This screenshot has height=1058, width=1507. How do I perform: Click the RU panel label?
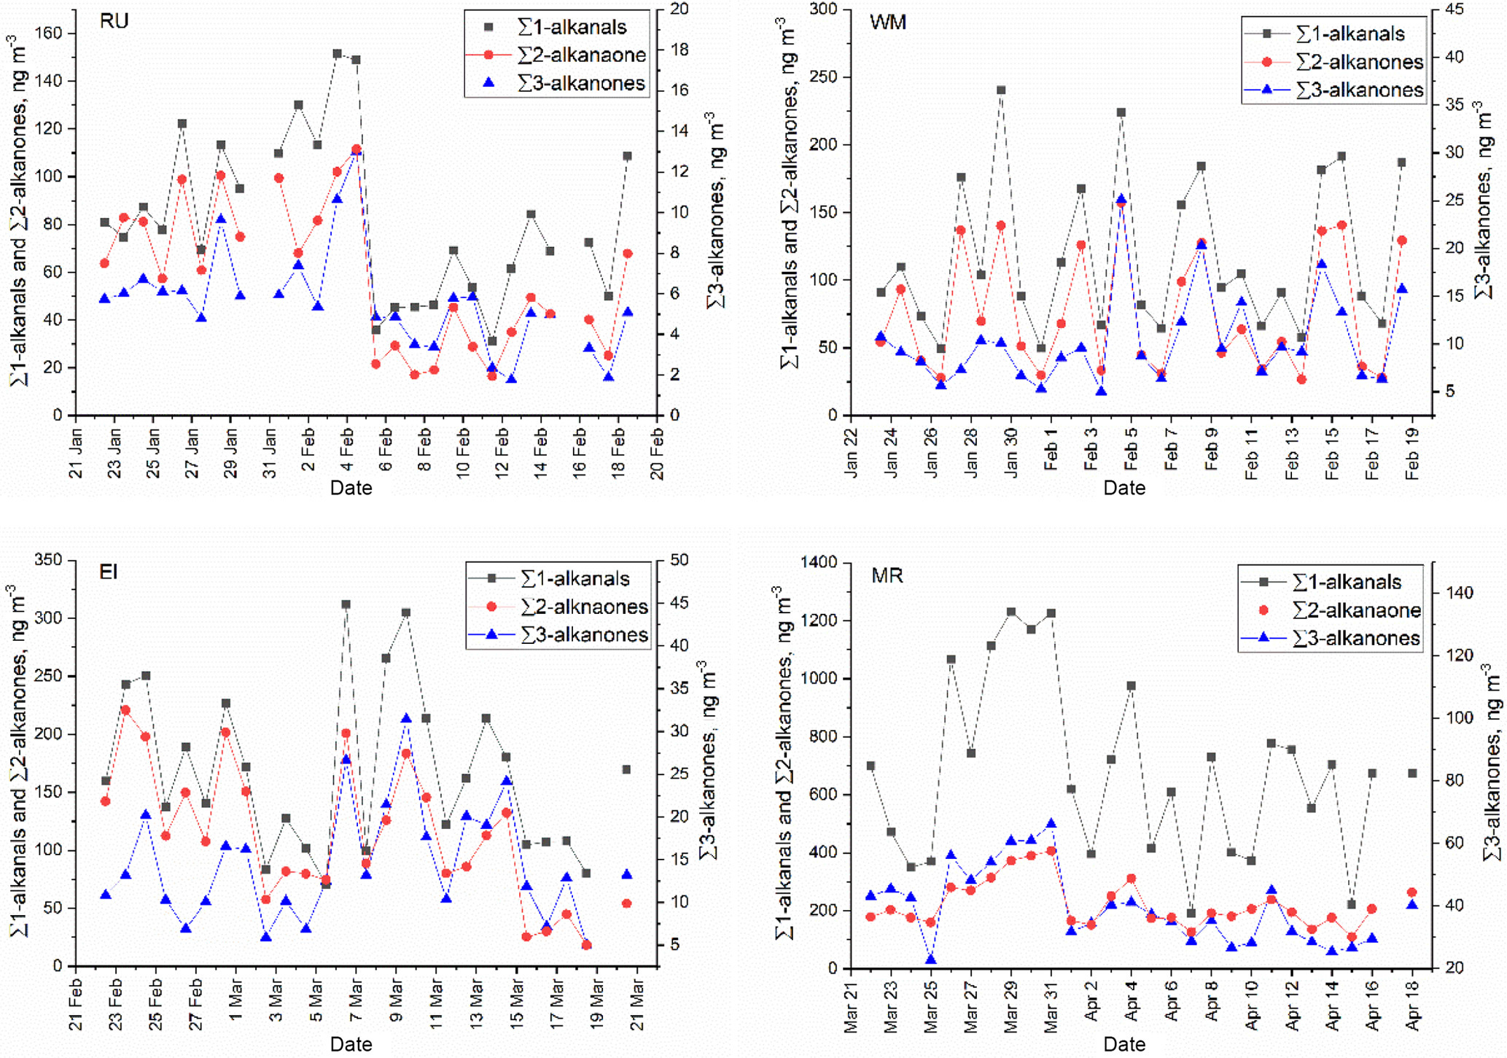tap(114, 21)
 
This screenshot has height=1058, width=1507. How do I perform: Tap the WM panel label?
tap(887, 23)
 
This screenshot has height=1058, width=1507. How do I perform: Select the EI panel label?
tap(109, 572)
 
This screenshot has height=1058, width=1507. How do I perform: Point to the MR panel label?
tap(887, 576)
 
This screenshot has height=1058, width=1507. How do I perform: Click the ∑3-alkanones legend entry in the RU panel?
tap(580, 84)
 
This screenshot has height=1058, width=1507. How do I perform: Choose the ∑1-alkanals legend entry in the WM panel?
tap(1350, 34)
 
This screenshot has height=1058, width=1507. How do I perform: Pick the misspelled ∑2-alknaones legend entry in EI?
tap(584, 607)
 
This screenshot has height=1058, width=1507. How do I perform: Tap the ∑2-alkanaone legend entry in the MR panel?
tap(1355, 610)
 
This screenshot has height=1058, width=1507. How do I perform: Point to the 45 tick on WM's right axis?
tap(1448, 10)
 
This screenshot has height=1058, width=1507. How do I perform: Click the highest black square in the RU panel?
tap(337, 54)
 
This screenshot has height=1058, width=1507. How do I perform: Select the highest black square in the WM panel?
tap(1001, 90)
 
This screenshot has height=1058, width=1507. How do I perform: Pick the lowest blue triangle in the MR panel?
tap(930, 960)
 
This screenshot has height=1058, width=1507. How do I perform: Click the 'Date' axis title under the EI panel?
tap(351, 1044)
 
